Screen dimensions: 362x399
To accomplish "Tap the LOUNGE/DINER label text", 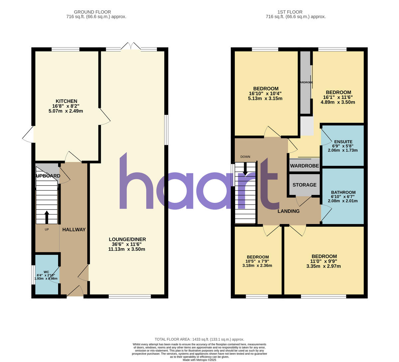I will pyautogui.click(x=127, y=239).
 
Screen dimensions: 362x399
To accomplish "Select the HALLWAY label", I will pyautogui.click(x=74, y=229).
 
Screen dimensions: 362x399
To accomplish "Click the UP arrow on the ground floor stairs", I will pyautogui.click(x=46, y=217).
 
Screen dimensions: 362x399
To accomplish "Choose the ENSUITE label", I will pyautogui.click(x=343, y=142).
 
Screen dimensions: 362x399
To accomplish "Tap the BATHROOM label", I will pyautogui.click(x=343, y=192).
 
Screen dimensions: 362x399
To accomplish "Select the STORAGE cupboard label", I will pyautogui.click(x=304, y=185).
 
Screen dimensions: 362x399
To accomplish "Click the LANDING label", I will pyautogui.click(x=289, y=211).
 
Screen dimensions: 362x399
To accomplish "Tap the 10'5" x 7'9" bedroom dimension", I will pyautogui.click(x=257, y=261).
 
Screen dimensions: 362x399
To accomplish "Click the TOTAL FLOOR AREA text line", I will pyautogui.click(x=199, y=339).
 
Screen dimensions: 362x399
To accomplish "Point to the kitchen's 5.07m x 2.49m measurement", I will pyautogui.click(x=66, y=111).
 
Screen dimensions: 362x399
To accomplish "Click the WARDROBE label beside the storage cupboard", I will pyautogui.click(x=304, y=166).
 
